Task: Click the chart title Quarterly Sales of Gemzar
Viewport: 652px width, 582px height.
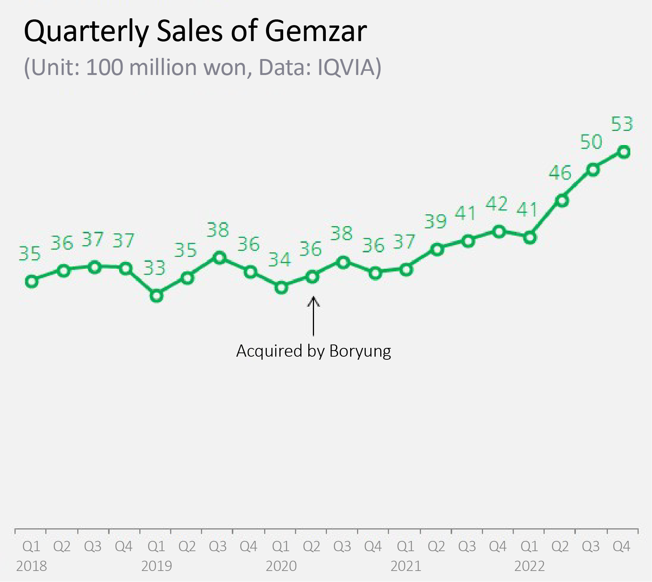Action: [x=195, y=31]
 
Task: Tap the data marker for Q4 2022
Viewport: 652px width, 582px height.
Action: [x=624, y=152]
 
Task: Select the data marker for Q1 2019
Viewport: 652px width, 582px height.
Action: [x=156, y=295]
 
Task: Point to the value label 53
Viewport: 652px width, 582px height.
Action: [x=622, y=124]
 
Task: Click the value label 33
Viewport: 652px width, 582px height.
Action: [x=154, y=268]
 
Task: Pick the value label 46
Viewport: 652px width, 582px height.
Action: [x=560, y=173]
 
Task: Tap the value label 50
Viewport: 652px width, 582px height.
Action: [x=591, y=142]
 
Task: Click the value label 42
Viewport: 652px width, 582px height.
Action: [x=497, y=204]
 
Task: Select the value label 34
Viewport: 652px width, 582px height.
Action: [x=279, y=260]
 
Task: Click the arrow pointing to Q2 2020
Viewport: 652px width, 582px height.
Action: [x=313, y=316]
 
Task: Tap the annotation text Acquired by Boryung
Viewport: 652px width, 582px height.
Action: [x=314, y=351]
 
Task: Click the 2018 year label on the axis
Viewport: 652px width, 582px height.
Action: [x=32, y=566]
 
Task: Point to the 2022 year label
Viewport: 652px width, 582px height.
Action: [x=529, y=566]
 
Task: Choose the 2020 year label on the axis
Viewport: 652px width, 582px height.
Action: [x=281, y=566]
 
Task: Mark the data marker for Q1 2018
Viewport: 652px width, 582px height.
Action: [x=32, y=281]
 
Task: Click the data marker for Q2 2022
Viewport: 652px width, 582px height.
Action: [x=562, y=201]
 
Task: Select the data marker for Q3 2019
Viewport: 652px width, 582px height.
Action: [x=219, y=258]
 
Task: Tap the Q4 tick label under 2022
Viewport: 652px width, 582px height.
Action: [x=621, y=547]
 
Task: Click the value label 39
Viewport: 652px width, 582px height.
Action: [x=435, y=222]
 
